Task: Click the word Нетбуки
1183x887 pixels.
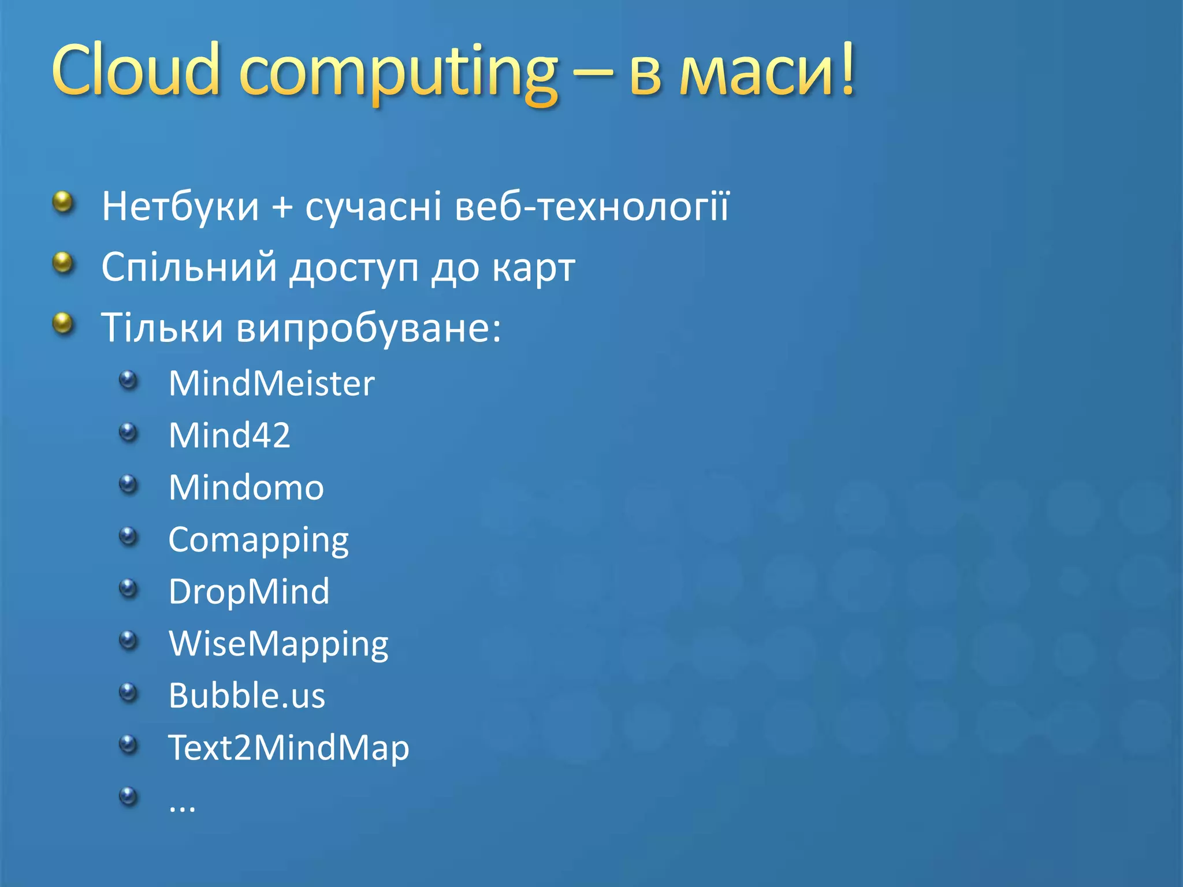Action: click(x=180, y=206)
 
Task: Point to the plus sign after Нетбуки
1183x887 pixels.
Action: click(x=282, y=207)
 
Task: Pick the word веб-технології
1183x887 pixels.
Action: click(x=592, y=206)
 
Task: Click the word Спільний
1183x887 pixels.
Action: click(x=189, y=267)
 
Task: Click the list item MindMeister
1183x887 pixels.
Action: click(x=271, y=383)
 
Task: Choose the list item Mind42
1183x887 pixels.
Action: click(x=229, y=435)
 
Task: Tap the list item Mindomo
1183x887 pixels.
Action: click(x=246, y=487)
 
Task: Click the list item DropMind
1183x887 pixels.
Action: click(x=249, y=591)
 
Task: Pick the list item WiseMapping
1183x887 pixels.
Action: click(x=278, y=644)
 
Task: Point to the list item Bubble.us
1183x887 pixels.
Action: click(x=247, y=695)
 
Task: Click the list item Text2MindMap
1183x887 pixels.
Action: click(x=288, y=748)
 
